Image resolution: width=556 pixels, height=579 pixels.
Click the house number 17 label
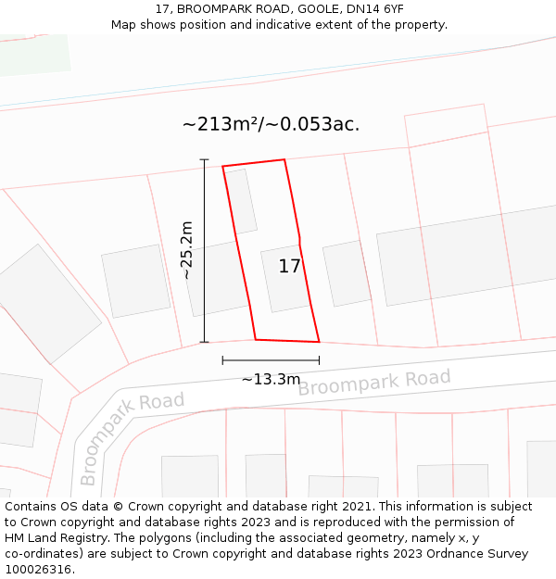[289, 267]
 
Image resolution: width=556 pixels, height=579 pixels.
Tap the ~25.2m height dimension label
[186, 250]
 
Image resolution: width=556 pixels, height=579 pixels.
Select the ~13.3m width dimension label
[271, 379]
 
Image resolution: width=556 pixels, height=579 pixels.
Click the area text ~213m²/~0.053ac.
[271, 124]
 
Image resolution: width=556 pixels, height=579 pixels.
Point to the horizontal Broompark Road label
[373, 382]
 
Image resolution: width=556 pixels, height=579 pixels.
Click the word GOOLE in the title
[321, 9]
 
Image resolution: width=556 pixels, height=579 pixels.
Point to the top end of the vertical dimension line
[205, 160]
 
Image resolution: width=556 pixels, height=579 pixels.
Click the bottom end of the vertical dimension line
[205, 342]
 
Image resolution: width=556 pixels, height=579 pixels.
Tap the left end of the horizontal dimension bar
[223, 360]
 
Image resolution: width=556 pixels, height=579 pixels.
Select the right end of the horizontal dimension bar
[319, 360]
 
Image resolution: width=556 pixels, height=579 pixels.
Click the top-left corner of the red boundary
[222, 167]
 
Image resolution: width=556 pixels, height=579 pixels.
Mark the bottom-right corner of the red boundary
[319, 342]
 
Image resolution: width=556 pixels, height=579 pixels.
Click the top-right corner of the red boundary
[284, 159]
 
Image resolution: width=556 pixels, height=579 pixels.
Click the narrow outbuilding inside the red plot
[243, 201]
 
